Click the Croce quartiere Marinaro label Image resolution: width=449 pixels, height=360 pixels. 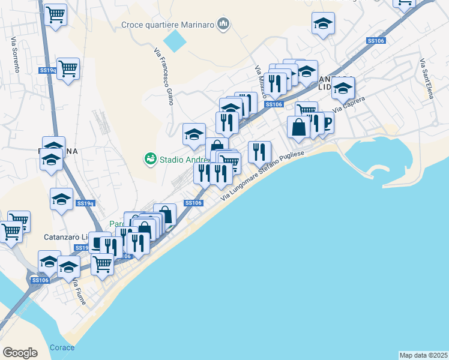click(169, 25)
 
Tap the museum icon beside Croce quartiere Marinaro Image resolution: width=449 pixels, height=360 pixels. click(224, 25)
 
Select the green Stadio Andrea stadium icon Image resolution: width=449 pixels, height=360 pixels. click(149, 159)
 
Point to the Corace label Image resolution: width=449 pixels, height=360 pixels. click(62, 348)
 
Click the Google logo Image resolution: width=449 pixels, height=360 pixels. click(20, 353)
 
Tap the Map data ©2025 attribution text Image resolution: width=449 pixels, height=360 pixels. click(423, 355)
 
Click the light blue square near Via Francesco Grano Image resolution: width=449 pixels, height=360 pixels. click(175, 41)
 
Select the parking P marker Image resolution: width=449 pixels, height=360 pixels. click(327, 124)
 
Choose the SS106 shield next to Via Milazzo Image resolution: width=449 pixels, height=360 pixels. click(274, 104)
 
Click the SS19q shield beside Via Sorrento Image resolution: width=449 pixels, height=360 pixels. click(47, 70)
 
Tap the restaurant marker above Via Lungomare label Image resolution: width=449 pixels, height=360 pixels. click(259, 151)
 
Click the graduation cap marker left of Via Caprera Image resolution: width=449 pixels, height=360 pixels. click(343, 88)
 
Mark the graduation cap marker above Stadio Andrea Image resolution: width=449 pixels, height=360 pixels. click(194, 134)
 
